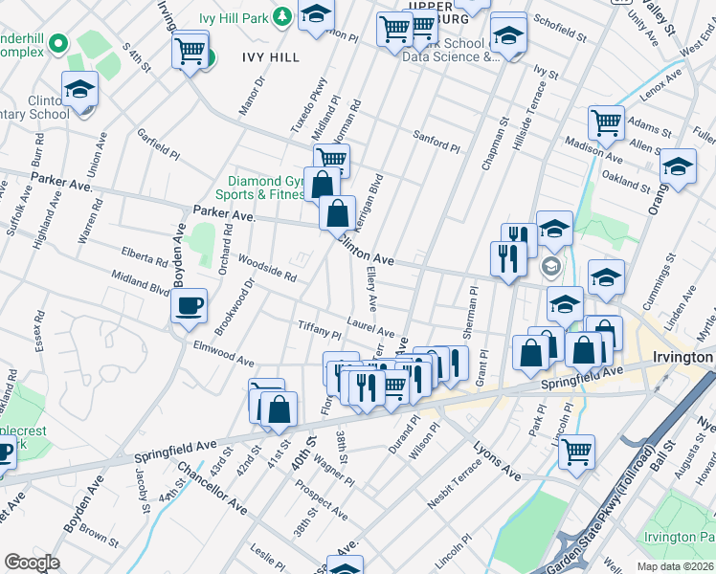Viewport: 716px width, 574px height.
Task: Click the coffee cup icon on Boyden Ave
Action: tap(189, 305)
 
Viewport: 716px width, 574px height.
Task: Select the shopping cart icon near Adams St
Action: tap(606, 122)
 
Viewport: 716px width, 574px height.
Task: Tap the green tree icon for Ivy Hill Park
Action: tap(281, 15)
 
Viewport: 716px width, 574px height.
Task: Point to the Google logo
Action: tap(32, 563)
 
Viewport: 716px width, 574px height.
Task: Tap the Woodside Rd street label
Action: tap(267, 267)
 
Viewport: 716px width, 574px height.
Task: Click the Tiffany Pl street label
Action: tap(320, 330)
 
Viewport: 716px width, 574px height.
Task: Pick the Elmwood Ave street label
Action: tap(223, 355)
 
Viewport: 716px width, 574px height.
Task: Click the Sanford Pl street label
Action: tap(436, 142)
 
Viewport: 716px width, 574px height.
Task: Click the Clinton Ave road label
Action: tap(365, 253)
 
